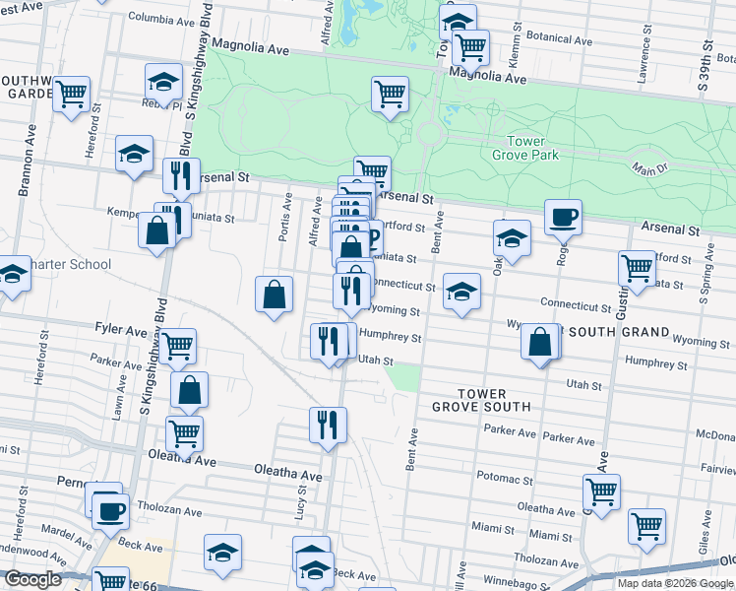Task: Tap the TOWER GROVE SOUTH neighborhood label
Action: click(481, 399)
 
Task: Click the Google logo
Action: click(32, 579)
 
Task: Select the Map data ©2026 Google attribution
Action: click(675, 583)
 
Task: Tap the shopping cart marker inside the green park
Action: click(390, 94)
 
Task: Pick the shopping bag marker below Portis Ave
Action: click(274, 294)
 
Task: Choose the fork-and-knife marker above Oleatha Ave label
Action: click(328, 425)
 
